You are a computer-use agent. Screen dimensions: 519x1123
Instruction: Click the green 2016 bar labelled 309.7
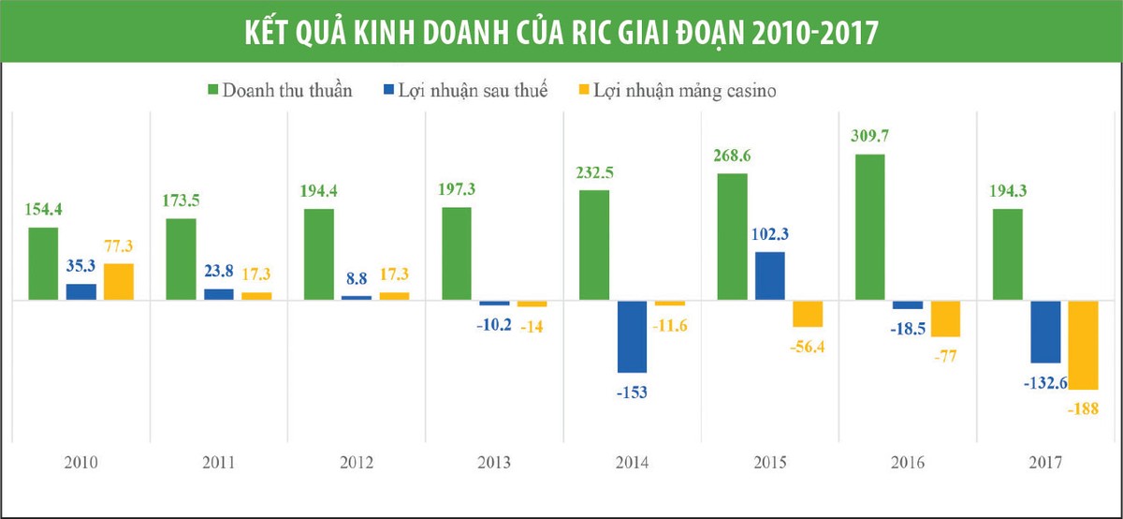(869, 228)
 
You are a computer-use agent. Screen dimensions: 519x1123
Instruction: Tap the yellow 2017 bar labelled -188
(1083, 346)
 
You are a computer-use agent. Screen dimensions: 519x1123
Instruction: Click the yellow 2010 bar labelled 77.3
(119, 282)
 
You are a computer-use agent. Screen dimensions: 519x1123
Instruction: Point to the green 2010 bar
(43, 264)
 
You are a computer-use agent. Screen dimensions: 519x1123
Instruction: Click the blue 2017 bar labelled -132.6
(1044, 332)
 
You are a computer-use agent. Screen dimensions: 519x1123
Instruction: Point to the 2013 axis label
(494, 463)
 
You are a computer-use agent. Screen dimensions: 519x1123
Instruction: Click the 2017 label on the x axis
(1043, 463)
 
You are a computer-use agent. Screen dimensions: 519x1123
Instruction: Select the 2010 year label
(81, 463)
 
